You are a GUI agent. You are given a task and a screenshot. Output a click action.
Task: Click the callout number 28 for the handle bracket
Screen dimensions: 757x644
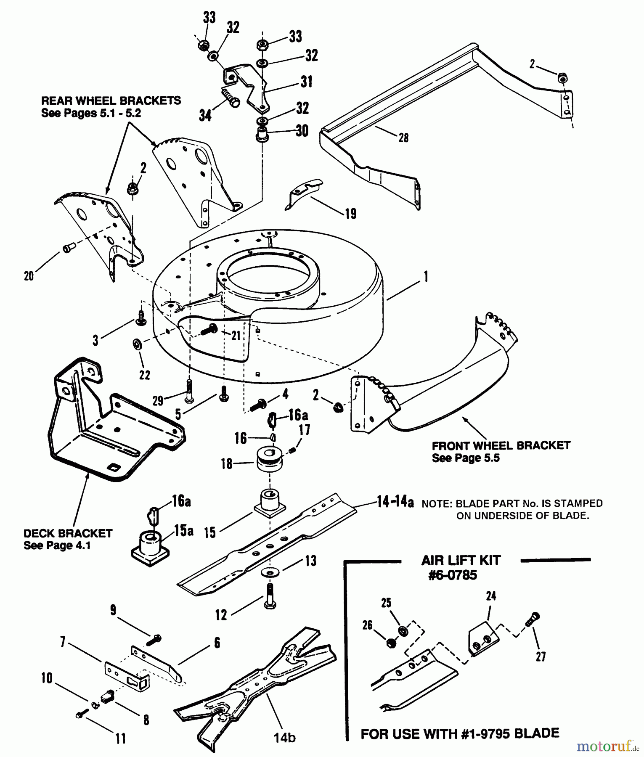pos(403,138)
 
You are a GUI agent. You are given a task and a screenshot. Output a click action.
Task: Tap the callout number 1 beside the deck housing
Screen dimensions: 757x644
pos(426,276)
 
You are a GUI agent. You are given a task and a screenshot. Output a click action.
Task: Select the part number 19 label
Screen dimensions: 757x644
pos(350,214)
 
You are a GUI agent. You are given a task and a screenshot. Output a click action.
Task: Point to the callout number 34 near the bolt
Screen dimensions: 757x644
pos(205,115)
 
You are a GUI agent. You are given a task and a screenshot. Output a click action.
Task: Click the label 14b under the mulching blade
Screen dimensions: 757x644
pos(284,738)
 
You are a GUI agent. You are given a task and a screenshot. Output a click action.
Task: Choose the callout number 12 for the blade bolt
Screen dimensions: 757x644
pos(221,615)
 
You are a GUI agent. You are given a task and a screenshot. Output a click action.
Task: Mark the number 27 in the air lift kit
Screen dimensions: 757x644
pos(541,656)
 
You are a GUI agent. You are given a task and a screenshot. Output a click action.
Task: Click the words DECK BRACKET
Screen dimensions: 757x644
pos(68,533)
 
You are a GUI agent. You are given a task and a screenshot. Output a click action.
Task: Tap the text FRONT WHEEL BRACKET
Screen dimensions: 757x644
pos(501,445)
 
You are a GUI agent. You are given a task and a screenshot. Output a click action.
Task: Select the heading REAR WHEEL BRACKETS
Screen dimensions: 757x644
pos(111,101)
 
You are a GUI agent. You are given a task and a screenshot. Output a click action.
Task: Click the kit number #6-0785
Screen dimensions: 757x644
pos(453,575)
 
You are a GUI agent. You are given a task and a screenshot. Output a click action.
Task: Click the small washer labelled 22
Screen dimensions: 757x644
pos(137,344)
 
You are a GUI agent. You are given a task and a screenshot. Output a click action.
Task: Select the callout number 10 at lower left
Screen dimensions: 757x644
pos(47,678)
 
